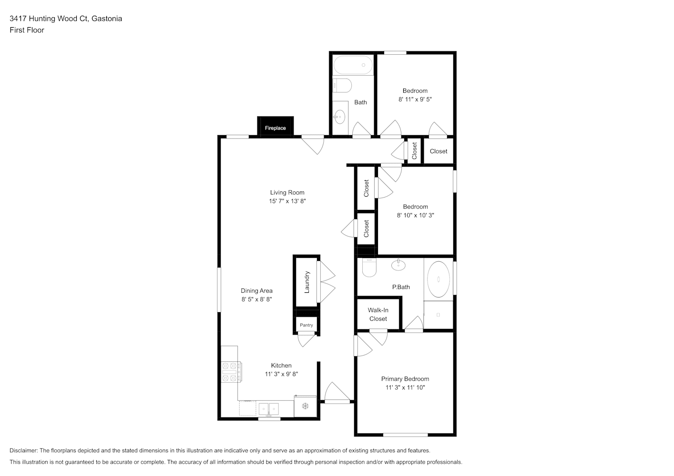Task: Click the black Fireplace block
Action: click(x=276, y=126)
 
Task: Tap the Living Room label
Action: click(x=287, y=193)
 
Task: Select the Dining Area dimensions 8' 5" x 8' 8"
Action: click(x=256, y=299)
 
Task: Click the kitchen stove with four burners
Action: click(x=231, y=372)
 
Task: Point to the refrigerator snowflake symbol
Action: click(x=306, y=407)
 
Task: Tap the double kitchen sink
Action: click(x=269, y=409)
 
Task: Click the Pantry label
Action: click(x=306, y=325)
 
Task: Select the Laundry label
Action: click(x=307, y=282)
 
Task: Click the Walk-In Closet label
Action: click(x=378, y=314)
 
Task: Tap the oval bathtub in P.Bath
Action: click(x=439, y=279)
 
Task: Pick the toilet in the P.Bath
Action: click(x=369, y=268)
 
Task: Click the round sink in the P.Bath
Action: click(x=398, y=265)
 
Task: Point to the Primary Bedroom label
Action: click(x=405, y=379)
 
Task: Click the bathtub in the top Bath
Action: click(x=353, y=65)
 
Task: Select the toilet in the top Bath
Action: click(x=342, y=86)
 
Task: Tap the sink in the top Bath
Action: click(x=339, y=117)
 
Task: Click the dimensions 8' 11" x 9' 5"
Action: click(x=415, y=99)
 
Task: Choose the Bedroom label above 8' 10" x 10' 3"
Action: click(x=415, y=207)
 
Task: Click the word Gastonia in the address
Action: click(x=107, y=19)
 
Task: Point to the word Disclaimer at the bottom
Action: click(x=23, y=450)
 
